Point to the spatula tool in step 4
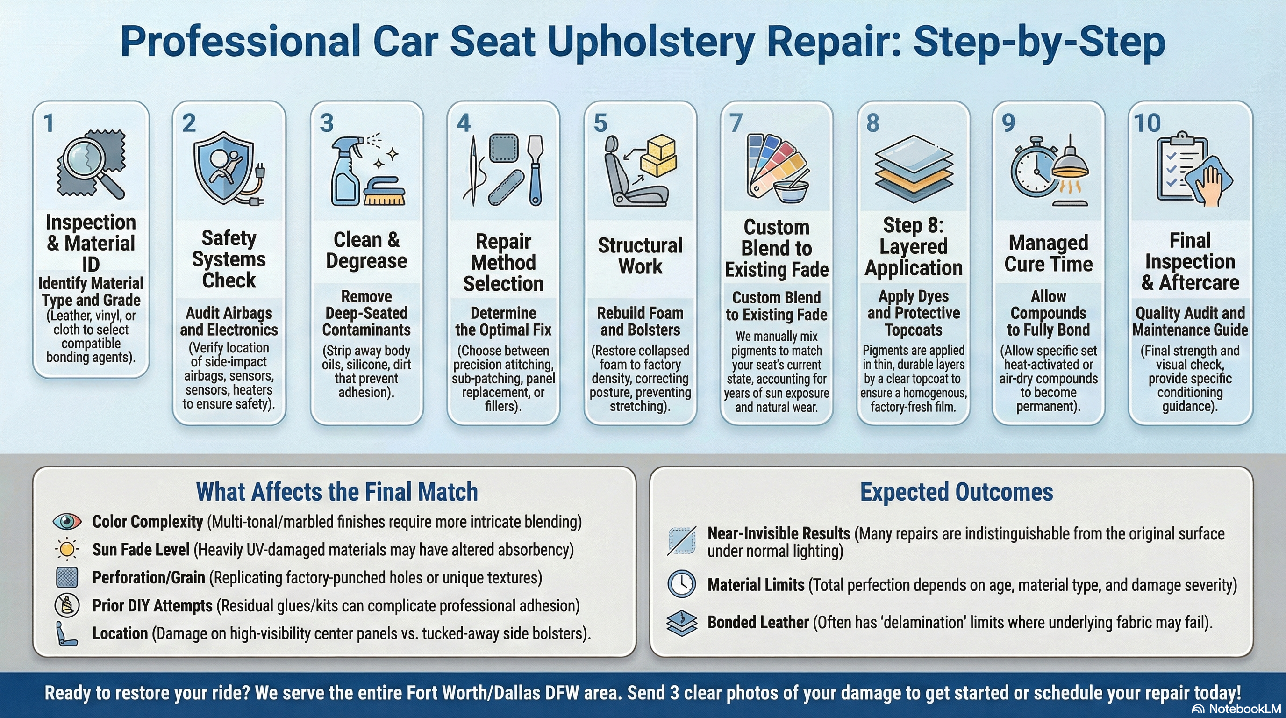[x=535, y=170]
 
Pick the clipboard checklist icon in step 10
[x=1182, y=167]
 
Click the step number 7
[x=736, y=123]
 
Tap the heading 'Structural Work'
[x=640, y=256]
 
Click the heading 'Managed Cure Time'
[x=1048, y=253]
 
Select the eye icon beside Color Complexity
[x=67, y=522]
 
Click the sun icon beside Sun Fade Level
[x=67, y=549]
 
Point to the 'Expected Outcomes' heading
[x=956, y=492]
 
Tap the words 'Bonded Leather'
[x=758, y=622]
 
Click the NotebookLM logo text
[x=1244, y=709]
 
